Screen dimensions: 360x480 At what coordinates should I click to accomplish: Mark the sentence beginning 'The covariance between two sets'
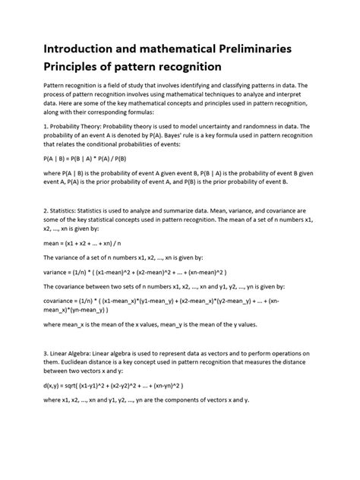click(137, 286)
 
